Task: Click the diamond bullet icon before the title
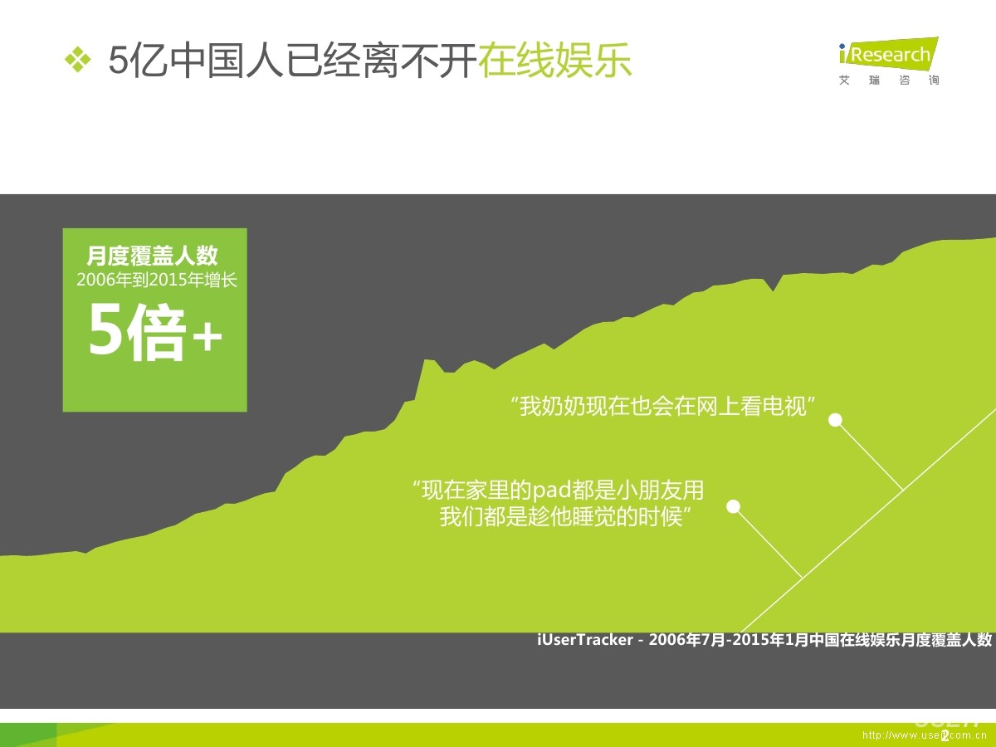pos(78,60)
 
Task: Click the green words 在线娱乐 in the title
pos(554,61)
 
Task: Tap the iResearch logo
pos(887,55)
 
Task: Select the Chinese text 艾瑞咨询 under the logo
pos(889,81)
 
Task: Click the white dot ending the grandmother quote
pos(836,420)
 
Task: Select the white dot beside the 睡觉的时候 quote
pos(733,506)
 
